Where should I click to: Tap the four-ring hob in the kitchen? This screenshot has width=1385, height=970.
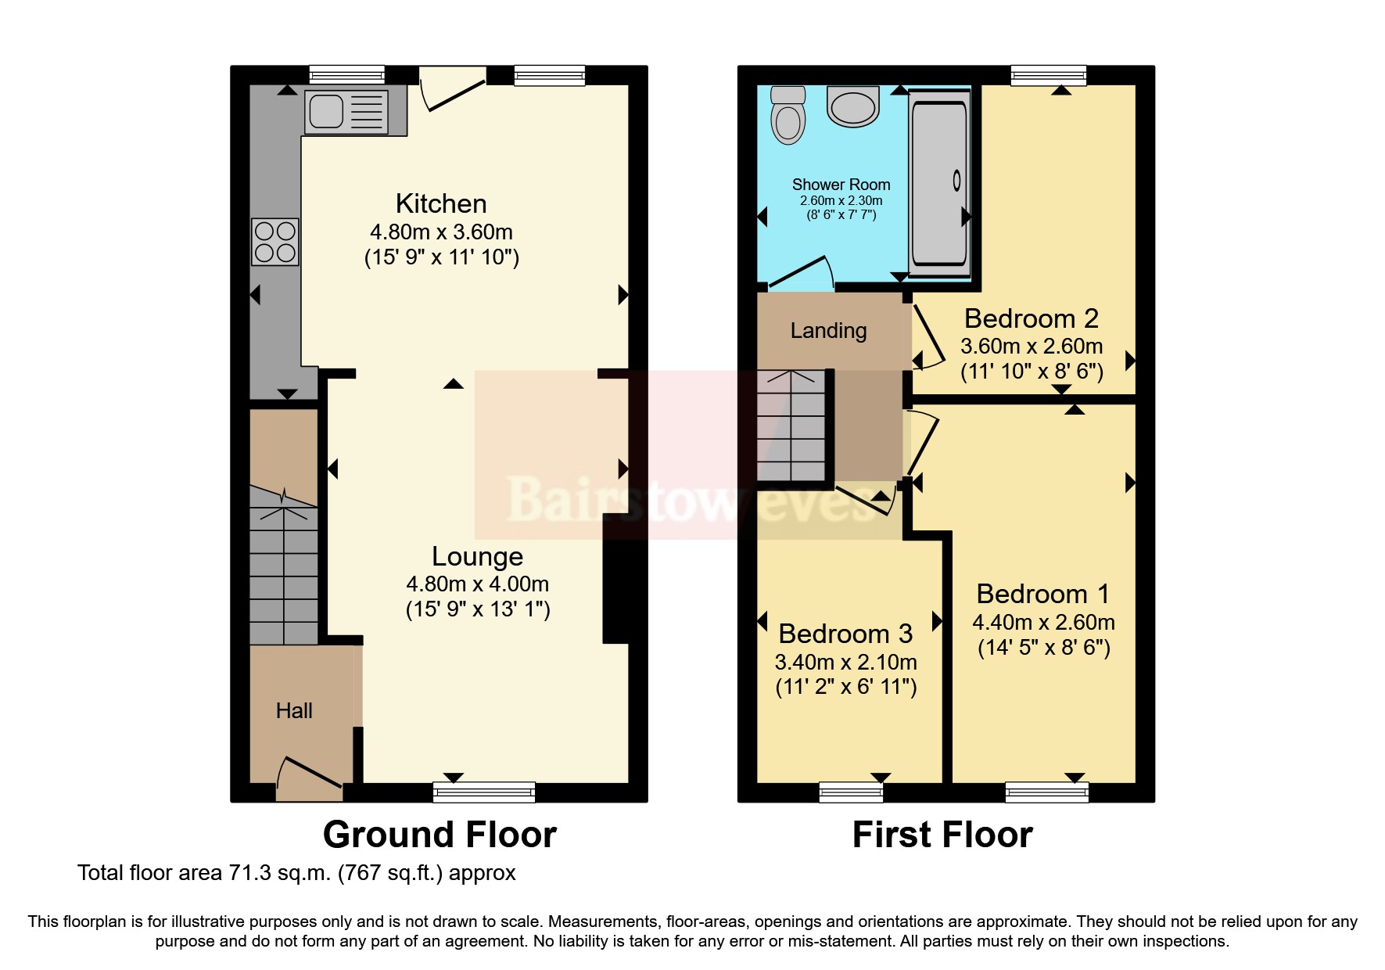[275, 242]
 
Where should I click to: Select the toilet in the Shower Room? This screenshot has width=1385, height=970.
[788, 115]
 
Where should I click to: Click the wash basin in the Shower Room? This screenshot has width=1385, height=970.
[853, 106]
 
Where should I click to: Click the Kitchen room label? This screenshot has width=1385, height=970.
[441, 203]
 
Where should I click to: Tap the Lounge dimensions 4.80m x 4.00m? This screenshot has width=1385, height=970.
[477, 584]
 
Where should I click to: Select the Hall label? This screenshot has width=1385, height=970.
[294, 710]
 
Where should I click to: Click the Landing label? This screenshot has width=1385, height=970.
[828, 331]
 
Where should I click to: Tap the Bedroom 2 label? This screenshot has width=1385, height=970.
[1031, 318]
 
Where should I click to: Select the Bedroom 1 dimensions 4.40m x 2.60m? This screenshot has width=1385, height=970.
[1043, 623]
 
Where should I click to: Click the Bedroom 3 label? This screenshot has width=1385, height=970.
[845, 634]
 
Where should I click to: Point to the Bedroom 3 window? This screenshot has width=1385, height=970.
[851, 792]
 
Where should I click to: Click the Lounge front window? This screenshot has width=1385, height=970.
[484, 792]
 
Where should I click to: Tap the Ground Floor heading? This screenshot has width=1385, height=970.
[440, 835]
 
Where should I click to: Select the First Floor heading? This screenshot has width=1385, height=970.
[942, 835]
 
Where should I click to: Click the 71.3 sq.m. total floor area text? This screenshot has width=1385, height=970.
[296, 873]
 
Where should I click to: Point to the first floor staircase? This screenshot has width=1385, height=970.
[791, 426]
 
